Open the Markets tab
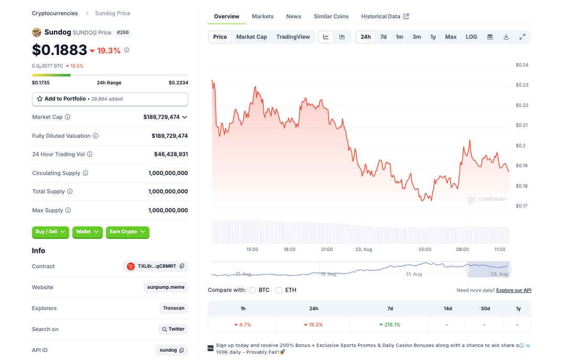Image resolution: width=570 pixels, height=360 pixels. click(263, 16)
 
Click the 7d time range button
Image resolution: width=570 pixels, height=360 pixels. click(383, 37)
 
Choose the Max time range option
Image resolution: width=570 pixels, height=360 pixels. click(450, 37)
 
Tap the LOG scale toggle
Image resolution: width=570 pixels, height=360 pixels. click(471, 37)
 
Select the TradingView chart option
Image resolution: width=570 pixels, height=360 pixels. click(293, 37)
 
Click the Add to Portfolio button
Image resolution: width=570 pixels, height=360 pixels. click(110, 99)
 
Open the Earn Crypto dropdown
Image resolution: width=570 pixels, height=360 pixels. click(127, 232)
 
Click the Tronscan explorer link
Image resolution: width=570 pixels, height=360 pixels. click(174, 308)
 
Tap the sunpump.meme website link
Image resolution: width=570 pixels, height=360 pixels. click(166, 287)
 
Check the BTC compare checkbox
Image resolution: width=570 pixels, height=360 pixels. click(252, 290)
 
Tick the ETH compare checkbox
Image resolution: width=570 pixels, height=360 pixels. click(279, 290)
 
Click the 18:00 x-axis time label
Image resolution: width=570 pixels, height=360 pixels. click(289, 249)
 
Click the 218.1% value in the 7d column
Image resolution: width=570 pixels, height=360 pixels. click(390, 324)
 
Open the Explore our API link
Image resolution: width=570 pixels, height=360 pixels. click(513, 290)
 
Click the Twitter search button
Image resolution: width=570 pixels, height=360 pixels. click(173, 329)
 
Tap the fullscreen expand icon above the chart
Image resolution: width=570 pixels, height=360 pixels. click(522, 37)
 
